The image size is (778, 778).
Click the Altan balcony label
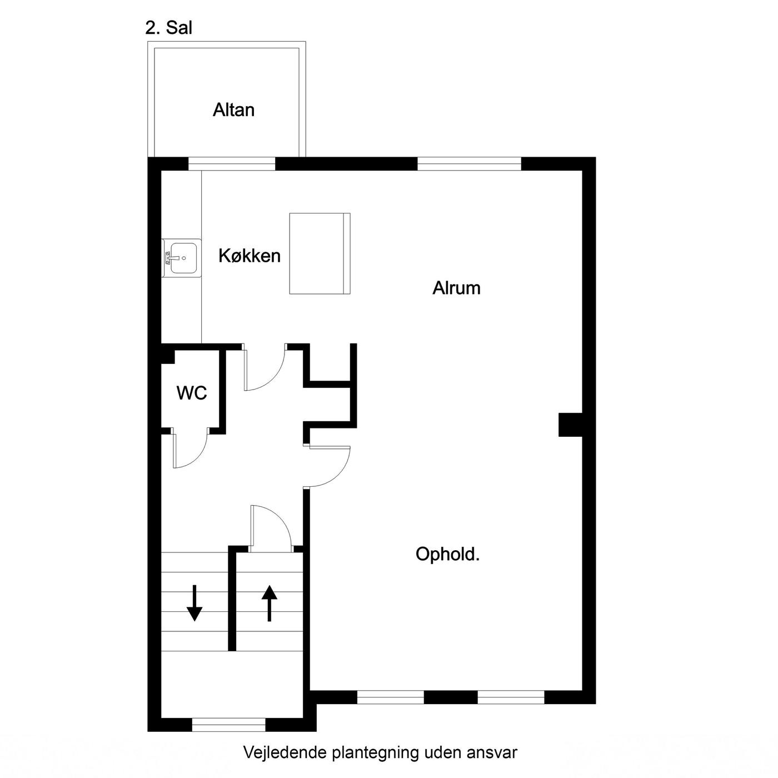[233, 110]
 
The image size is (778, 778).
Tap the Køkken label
[250, 256]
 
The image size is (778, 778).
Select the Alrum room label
[456, 288]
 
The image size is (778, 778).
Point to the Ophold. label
[447, 554]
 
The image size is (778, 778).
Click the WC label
[192, 392]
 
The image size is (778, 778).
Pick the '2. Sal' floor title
[169, 28]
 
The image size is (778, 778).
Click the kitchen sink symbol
[181, 258]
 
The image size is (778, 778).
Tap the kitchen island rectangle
[320, 253]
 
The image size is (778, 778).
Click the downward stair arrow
[194, 603]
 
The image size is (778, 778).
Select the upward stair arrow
[270, 603]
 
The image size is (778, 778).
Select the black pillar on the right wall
[570, 425]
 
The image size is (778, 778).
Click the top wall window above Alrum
[470, 164]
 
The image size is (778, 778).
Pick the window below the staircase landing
[228, 725]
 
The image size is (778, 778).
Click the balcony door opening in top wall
[232, 164]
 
